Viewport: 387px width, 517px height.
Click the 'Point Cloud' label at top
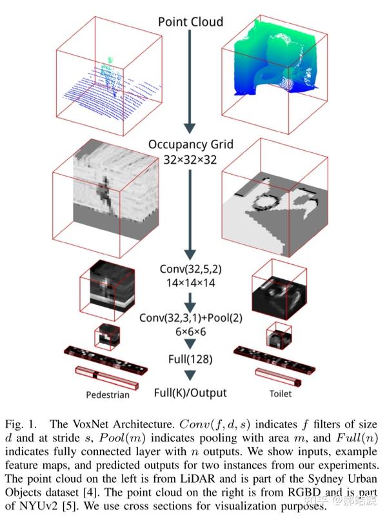pos(190,22)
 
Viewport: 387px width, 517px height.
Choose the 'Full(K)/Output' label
pos(190,391)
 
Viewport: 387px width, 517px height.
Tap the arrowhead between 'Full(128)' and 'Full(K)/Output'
pos(190,375)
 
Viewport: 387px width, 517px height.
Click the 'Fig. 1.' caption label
pos(19,425)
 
